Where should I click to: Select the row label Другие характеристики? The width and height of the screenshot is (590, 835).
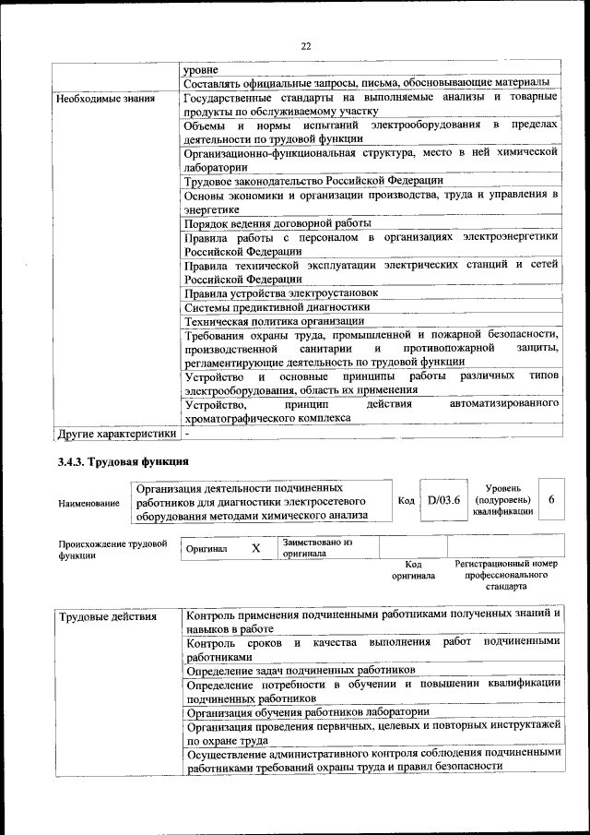pyautogui.click(x=116, y=432)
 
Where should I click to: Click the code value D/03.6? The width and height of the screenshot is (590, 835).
pyautogui.click(x=443, y=501)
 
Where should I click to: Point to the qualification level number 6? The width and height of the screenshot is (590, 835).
pyautogui.click(x=550, y=499)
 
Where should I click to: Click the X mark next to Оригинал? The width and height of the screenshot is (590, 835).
pyautogui.click(x=255, y=548)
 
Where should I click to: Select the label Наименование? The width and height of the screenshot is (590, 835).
pyautogui.click(x=88, y=503)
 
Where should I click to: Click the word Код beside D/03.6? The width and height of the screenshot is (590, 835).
pyautogui.click(x=405, y=501)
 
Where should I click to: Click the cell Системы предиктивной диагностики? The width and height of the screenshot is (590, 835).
pyautogui.click(x=277, y=306)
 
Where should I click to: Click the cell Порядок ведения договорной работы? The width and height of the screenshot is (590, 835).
pyautogui.click(x=277, y=223)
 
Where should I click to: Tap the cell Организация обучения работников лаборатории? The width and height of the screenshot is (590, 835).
pyautogui.click(x=307, y=711)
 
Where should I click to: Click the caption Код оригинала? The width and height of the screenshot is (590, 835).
pyautogui.click(x=413, y=569)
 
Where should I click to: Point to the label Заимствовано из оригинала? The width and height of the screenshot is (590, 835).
pyautogui.click(x=317, y=548)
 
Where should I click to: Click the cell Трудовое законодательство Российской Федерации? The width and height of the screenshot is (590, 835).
pyautogui.click(x=313, y=181)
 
